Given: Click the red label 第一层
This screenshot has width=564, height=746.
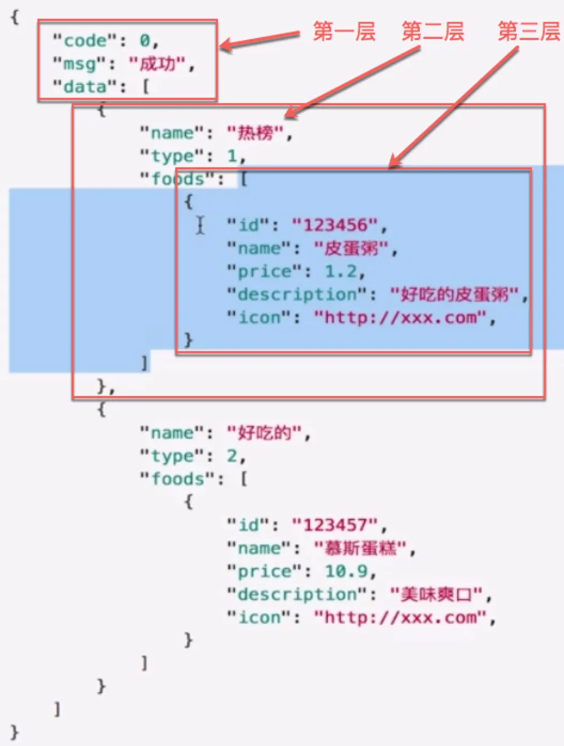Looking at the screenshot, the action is [344, 32].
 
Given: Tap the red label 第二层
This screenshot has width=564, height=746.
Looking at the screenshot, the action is [433, 32].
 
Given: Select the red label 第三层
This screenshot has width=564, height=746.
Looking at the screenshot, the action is [529, 32].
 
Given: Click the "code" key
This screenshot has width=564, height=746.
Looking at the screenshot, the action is [85, 41].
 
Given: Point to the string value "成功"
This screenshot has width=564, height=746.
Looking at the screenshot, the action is [158, 64].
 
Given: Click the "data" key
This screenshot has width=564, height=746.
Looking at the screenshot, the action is [85, 87].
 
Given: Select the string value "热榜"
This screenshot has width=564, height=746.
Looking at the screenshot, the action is [255, 133].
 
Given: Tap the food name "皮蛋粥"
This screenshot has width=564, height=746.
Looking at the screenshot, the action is [350, 248].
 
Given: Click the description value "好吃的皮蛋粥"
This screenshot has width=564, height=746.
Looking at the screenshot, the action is [454, 294].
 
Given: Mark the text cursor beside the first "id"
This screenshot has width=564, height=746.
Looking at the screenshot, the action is [200, 224].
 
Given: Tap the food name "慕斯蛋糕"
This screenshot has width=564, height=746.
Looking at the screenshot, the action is [361, 548].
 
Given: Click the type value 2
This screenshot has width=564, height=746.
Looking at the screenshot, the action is [232, 456].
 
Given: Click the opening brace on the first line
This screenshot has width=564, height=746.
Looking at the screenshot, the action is [15, 17].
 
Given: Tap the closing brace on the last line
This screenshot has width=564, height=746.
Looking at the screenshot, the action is [15, 732].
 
